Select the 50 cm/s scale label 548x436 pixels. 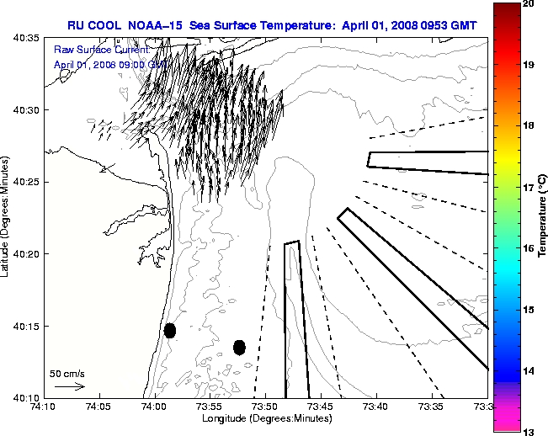pos(67,373)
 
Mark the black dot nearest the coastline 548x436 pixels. pos(170,330)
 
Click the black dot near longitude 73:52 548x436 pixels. pos(239,347)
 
